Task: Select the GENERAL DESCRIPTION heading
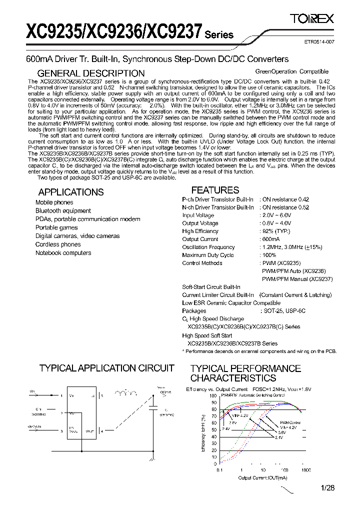(x=91, y=73)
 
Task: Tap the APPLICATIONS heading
(x=71, y=192)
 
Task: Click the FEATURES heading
(x=215, y=190)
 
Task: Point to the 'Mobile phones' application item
(x=54, y=202)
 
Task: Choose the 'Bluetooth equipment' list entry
(x=63, y=211)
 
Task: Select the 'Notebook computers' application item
(x=63, y=253)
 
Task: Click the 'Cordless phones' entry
(x=58, y=244)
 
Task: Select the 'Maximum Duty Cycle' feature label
(x=207, y=255)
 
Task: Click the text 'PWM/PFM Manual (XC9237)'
(x=297, y=279)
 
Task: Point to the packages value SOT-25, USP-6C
(x=283, y=311)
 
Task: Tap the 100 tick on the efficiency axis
(x=214, y=395)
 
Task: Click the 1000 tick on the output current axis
(x=305, y=470)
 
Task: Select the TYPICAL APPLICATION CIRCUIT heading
(x=106, y=368)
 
